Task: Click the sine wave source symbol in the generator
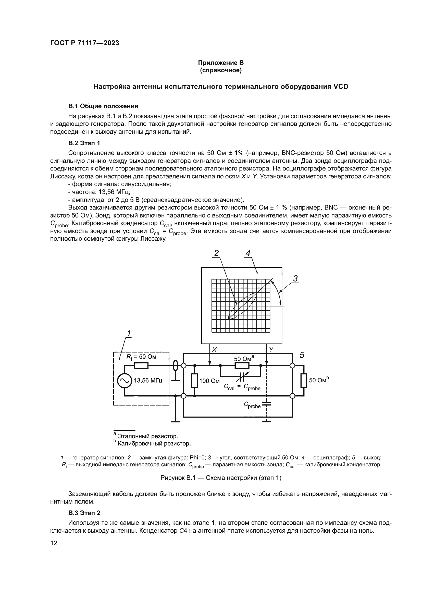click(x=125, y=381)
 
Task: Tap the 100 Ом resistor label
click(x=209, y=381)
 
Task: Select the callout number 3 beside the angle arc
click(x=295, y=279)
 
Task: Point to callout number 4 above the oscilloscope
click(x=248, y=253)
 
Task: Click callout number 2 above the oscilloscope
click(x=216, y=253)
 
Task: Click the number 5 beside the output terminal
click(x=302, y=355)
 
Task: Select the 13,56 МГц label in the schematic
click(x=148, y=381)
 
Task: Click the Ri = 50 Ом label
click(x=141, y=357)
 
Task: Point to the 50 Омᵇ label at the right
click(x=319, y=380)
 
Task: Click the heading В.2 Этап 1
click(x=84, y=143)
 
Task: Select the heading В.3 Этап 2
click(x=84, y=513)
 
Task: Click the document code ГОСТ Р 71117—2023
click(x=85, y=43)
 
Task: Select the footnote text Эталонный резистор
click(x=148, y=436)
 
